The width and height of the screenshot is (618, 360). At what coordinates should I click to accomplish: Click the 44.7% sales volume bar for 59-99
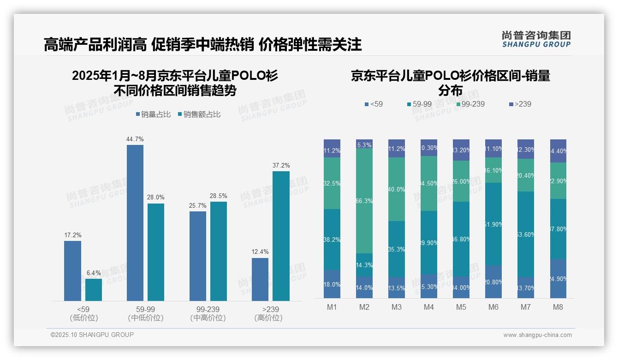click(135, 223)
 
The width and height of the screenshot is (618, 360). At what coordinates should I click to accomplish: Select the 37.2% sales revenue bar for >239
click(281, 236)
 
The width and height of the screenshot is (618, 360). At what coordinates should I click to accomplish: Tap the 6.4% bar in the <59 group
click(94, 290)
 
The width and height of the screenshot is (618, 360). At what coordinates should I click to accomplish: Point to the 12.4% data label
click(260, 252)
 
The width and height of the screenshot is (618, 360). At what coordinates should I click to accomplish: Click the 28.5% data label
click(219, 196)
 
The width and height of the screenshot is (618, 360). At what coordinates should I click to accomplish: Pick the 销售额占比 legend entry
click(199, 114)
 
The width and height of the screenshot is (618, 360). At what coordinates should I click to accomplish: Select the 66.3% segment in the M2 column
click(364, 201)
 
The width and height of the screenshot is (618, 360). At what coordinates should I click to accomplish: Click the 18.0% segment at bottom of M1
click(332, 284)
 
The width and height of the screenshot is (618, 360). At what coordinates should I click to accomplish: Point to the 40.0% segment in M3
click(397, 189)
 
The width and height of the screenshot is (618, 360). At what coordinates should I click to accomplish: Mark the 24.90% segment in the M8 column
click(558, 279)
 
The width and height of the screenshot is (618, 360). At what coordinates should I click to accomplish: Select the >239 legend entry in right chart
click(520, 104)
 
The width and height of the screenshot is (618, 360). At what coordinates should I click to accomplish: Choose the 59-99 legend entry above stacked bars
click(419, 104)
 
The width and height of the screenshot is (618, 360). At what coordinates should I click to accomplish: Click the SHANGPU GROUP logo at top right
click(536, 39)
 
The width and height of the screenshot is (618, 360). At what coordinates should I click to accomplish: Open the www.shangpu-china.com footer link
click(537, 335)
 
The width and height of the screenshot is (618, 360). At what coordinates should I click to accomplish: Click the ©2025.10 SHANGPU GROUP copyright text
click(92, 335)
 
